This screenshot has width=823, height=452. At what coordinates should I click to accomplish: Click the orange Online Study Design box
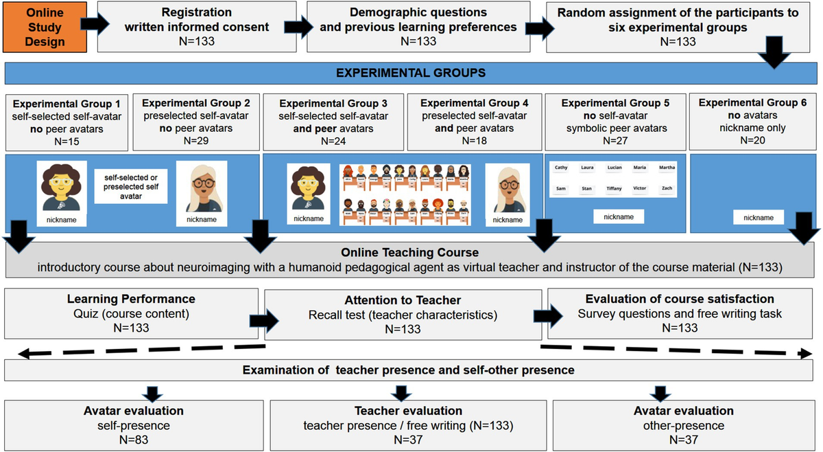pos(45,27)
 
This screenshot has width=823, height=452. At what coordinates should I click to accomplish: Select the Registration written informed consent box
pos(196,27)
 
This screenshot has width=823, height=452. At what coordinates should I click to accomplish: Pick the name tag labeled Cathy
pos(561,168)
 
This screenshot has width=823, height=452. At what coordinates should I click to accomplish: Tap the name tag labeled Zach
pos(667,188)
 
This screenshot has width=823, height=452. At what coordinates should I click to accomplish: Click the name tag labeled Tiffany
pos(614,188)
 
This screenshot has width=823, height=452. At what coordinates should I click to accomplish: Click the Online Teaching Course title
pos(410,251)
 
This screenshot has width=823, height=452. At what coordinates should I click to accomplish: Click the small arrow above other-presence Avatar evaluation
pos(660,392)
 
